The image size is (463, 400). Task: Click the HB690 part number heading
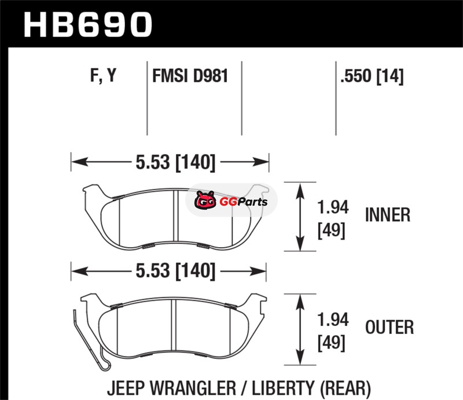[x=88, y=25]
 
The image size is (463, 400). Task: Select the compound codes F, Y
[x=104, y=75]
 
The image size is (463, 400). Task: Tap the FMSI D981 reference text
[x=190, y=76]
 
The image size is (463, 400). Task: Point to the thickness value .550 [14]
[x=372, y=76]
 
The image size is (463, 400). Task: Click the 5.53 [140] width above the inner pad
[x=175, y=162]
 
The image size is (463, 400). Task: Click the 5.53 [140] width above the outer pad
[x=175, y=270]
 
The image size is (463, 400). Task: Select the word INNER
[x=388, y=215]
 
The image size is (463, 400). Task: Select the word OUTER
[x=389, y=327]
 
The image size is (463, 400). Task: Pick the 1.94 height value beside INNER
[x=333, y=207]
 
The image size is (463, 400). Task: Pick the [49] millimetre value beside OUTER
[x=331, y=343]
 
